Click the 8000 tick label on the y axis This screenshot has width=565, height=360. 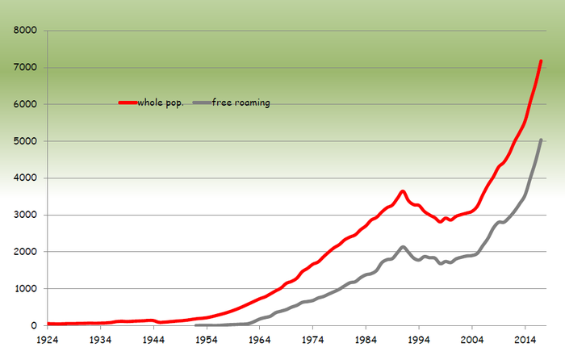[27, 31]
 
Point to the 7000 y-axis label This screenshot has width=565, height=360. [27, 68]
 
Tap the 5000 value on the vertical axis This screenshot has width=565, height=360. [27, 141]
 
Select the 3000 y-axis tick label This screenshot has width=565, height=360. [27, 215]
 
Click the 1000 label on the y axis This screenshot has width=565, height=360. [27, 288]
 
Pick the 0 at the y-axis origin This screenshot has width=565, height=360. [36, 325]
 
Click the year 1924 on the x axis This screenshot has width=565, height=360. [48, 340]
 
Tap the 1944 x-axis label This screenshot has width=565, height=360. [153, 340]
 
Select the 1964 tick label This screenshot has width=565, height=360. [259, 340]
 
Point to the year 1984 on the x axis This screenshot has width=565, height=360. [366, 340]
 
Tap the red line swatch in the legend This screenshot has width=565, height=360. [128, 103]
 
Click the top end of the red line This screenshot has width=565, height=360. [541, 61]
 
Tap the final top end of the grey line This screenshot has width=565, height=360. [541, 140]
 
